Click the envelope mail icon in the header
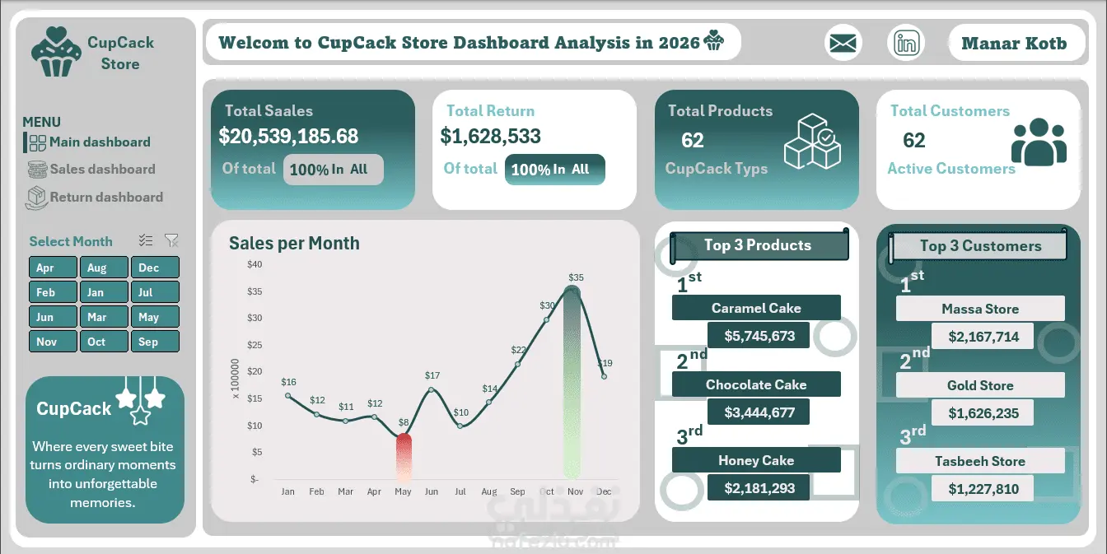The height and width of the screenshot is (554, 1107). tap(843, 43)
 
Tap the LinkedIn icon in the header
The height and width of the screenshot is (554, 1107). tap(906, 43)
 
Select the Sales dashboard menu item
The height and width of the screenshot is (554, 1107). tap(91, 170)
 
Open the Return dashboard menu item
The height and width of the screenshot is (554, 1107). tap(94, 198)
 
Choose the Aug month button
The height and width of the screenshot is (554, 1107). tap(104, 268)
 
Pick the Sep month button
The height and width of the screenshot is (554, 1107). tap(155, 342)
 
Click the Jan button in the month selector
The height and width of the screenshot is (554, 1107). tap(104, 292)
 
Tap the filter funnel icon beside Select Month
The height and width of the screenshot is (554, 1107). tap(171, 240)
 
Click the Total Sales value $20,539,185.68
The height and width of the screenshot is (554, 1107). tap(288, 136)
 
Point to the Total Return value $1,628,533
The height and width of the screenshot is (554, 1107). tap(490, 136)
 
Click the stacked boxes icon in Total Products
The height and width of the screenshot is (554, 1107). tap(812, 142)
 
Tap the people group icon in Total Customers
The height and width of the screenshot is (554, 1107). tap(1039, 142)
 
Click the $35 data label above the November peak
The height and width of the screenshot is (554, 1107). tap(576, 277)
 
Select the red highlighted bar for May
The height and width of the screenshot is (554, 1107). tap(404, 457)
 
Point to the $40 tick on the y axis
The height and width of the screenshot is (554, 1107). tap(255, 264)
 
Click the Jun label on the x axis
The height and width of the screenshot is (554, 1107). tap(432, 491)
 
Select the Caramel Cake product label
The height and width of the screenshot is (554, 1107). tap(756, 308)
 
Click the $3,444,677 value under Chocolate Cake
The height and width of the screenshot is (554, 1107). tap(759, 412)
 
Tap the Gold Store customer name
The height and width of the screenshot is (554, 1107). tap(980, 385)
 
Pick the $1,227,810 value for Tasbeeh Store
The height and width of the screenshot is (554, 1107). tap(983, 489)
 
